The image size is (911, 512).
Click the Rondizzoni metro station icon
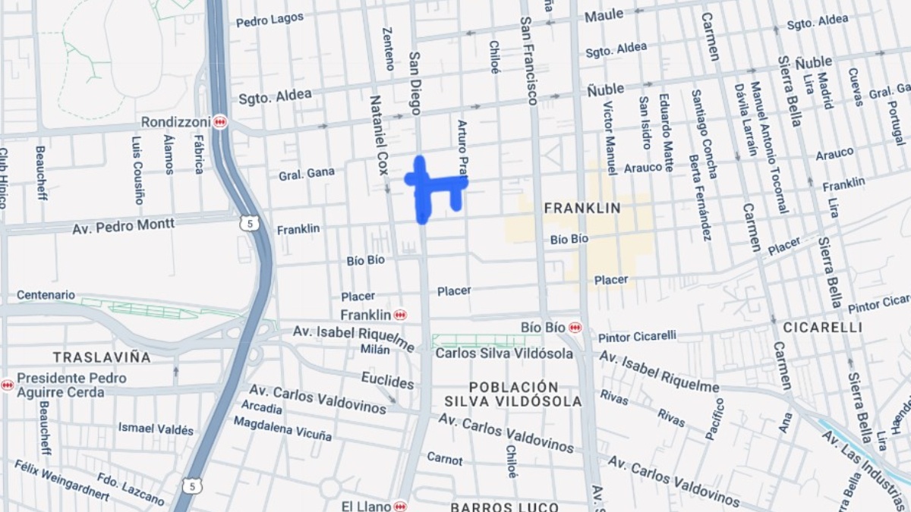coord(220,121)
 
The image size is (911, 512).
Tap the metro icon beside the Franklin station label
coord(400,315)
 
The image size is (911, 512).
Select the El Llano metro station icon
coord(400,506)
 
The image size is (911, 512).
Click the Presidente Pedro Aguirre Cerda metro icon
coord(7,385)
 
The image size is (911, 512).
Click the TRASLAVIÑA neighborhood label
coord(102,357)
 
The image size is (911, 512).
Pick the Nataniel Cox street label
coord(379,134)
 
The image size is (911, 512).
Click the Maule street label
coord(604,14)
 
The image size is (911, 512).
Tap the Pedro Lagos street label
coord(270,20)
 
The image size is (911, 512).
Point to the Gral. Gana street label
coord(307,173)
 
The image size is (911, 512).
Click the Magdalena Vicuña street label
coord(282,429)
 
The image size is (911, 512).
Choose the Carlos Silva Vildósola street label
coord(504,353)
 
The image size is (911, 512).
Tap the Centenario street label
coord(46,294)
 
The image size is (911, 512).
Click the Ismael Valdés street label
coord(156,429)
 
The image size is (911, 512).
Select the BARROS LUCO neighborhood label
coord(504,507)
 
